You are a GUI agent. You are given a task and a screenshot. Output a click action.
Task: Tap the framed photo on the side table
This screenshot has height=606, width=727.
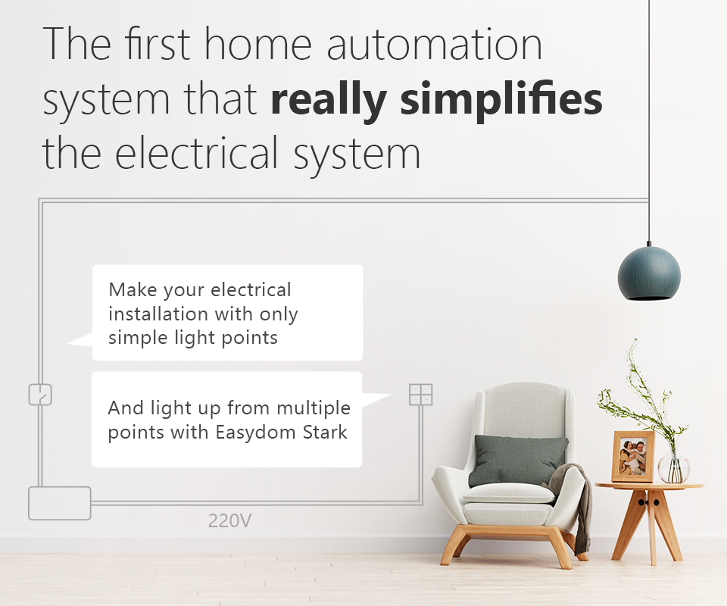(x=633, y=457)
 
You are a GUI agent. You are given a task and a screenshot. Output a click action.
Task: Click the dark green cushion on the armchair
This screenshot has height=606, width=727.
(x=518, y=461)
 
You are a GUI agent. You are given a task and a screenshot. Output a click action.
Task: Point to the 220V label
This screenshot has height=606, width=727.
(x=229, y=520)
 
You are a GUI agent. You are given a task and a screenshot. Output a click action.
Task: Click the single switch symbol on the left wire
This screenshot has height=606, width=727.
(x=40, y=395)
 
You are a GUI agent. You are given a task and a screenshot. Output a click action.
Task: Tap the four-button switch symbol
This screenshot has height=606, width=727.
(x=421, y=395)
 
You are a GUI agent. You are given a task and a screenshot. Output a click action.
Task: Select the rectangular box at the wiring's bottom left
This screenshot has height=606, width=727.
(x=60, y=503)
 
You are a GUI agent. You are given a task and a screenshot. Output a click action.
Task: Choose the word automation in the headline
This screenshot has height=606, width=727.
(x=435, y=44)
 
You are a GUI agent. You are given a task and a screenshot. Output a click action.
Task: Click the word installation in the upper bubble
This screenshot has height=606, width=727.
(x=158, y=314)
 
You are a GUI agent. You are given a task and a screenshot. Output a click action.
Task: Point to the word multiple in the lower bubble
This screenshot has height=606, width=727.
(x=314, y=409)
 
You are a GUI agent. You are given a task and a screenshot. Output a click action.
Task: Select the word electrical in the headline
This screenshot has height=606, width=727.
(x=197, y=152)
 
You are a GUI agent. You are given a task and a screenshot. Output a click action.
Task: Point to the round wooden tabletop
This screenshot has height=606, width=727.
(x=649, y=486)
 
